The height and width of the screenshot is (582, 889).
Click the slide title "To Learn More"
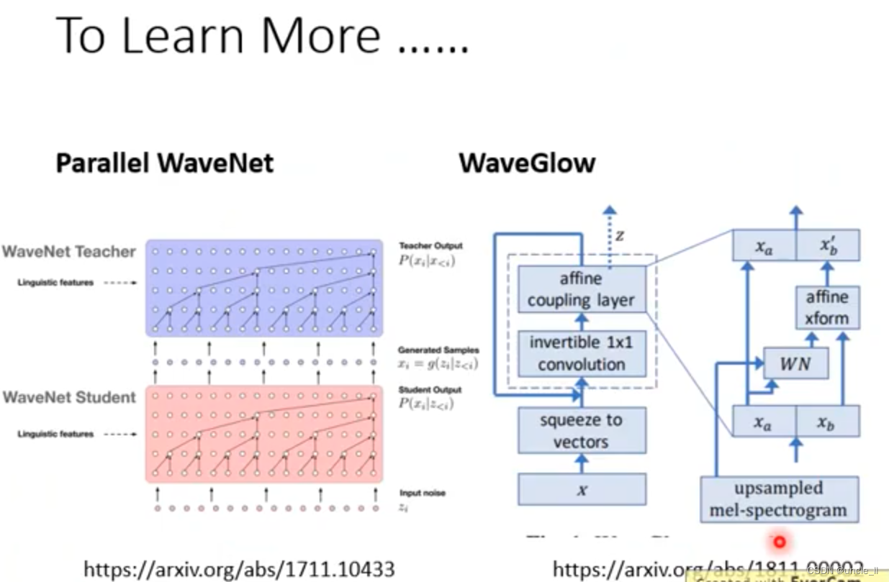(x=263, y=35)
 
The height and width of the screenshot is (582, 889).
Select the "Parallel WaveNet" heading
(x=165, y=163)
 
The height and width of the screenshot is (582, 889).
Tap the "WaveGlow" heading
(x=527, y=163)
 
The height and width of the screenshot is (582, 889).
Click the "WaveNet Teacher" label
(x=68, y=252)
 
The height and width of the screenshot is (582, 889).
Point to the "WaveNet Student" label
(x=69, y=397)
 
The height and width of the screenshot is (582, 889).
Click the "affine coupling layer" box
(x=581, y=289)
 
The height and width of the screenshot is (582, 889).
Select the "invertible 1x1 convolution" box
(x=581, y=353)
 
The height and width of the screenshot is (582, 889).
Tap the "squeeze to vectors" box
(x=581, y=430)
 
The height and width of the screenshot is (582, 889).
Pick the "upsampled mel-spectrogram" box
(x=779, y=499)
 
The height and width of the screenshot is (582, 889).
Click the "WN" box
(x=795, y=364)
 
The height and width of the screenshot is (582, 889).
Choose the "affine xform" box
(x=827, y=308)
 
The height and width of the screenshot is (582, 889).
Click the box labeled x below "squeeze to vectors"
(x=581, y=490)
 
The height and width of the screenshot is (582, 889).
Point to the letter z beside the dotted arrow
(x=620, y=236)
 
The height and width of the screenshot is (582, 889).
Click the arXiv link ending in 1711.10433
(x=240, y=570)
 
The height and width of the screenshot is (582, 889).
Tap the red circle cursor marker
(x=778, y=542)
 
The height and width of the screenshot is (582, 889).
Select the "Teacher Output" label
(x=430, y=246)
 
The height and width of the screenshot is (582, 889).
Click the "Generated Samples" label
(x=438, y=350)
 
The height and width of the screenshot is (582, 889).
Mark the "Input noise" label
(x=422, y=494)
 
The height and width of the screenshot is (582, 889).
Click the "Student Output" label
(x=430, y=390)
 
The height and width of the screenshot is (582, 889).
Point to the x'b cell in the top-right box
(x=827, y=247)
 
